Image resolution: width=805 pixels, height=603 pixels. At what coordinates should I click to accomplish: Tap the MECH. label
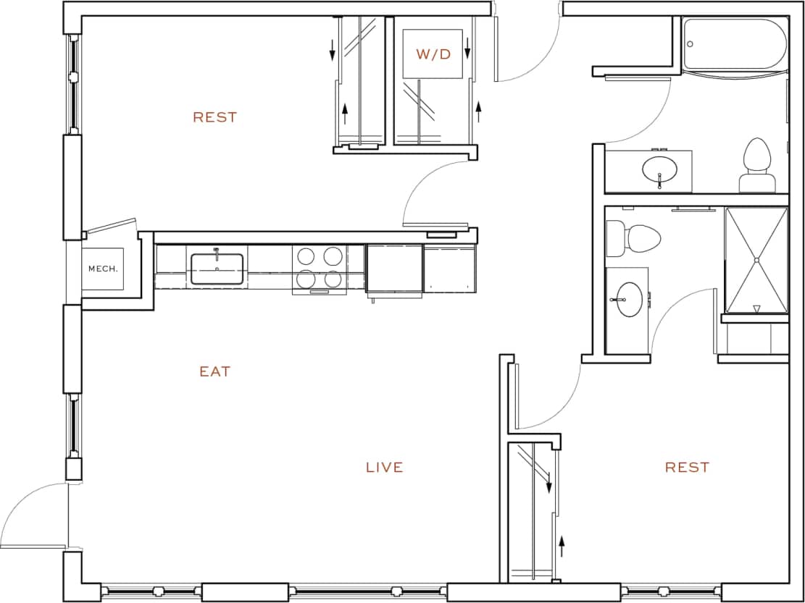[x=102, y=269]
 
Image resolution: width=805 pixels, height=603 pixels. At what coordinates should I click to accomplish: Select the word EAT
[x=215, y=371]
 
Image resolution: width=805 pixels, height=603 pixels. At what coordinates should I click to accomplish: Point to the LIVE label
[x=384, y=468]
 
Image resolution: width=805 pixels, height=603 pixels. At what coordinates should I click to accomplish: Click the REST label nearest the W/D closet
[x=215, y=117]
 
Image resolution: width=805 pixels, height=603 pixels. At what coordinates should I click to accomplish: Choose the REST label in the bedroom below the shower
[x=687, y=468]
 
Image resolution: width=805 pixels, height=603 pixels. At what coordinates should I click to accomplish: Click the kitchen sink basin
[x=217, y=269]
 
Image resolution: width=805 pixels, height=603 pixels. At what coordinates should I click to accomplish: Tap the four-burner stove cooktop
[x=319, y=268]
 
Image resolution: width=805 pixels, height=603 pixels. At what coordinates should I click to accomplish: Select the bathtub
[x=735, y=44]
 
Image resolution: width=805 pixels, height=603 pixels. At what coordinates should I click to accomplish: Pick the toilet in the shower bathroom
[x=634, y=237]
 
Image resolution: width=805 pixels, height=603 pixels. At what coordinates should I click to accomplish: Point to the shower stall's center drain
[x=756, y=260]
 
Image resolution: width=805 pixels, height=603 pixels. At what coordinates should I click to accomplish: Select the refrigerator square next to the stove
[x=394, y=269]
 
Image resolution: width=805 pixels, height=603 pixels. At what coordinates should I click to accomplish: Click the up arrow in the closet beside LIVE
[x=561, y=545]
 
